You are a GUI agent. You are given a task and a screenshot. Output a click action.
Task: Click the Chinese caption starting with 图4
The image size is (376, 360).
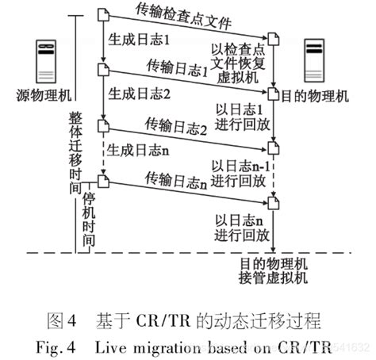pyautogui.click(x=184, y=321)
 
